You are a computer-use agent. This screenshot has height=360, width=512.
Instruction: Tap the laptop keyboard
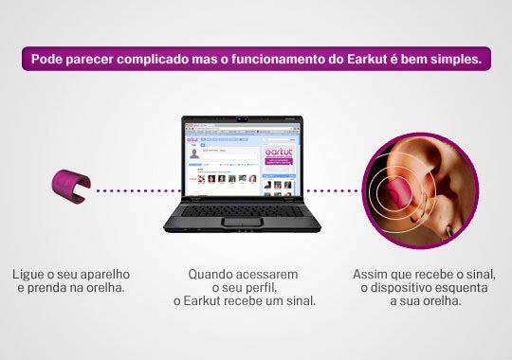click(x=242, y=206)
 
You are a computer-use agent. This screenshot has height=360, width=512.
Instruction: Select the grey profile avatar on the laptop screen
click(x=194, y=153)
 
